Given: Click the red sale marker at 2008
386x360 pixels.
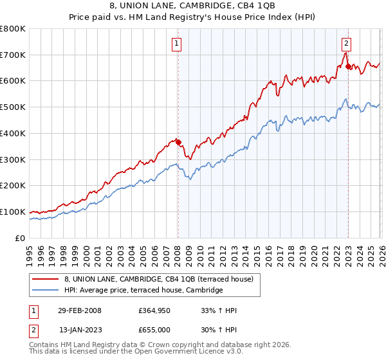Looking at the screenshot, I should click(178, 143).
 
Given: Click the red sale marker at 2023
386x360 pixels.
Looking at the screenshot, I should click(348, 66).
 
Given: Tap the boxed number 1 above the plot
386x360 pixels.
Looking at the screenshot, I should click(176, 44).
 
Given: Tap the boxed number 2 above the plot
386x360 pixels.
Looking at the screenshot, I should click(346, 44).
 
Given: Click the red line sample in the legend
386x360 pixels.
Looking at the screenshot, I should click(46, 279).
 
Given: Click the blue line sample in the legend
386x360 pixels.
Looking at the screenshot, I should click(46, 291).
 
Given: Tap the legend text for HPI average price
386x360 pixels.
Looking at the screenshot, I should click(143, 291).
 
